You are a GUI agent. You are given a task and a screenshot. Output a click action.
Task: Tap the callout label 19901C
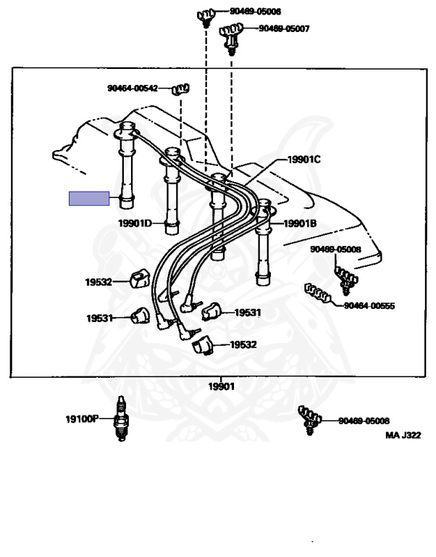(x=303, y=160)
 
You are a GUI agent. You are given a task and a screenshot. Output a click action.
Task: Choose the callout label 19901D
(x=135, y=223)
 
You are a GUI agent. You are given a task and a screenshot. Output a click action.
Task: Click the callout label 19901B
(x=300, y=223)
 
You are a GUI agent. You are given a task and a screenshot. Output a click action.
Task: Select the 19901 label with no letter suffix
(x=222, y=387)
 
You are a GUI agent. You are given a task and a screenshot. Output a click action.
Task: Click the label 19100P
(x=81, y=418)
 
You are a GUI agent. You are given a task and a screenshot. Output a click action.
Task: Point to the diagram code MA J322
(x=403, y=435)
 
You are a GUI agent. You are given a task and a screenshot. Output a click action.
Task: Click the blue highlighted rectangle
(x=89, y=199)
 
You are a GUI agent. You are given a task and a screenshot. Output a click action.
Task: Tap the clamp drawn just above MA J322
(x=309, y=419)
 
